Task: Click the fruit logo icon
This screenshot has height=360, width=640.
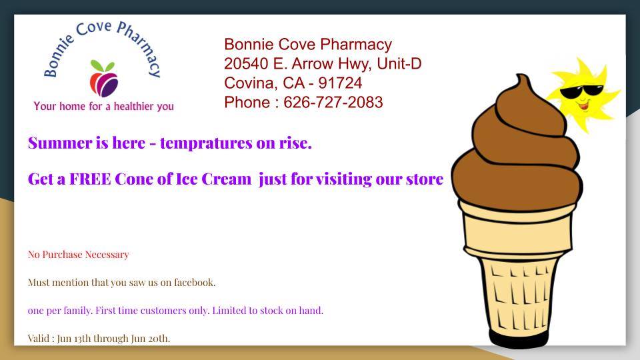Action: pos(104,79)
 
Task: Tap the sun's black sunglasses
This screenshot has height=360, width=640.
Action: pos(581,92)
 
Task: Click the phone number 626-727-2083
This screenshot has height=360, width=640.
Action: pos(333,102)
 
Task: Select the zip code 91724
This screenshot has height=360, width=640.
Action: pos(340,83)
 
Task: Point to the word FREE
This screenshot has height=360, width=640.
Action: pos(90,179)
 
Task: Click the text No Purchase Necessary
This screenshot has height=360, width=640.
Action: pos(79,254)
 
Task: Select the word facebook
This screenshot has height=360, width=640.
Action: pos(194,282)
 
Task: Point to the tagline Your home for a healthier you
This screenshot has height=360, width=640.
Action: pos(104,106)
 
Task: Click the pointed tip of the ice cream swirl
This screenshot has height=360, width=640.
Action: pos(519,75)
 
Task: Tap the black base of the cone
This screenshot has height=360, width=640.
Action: pos(519,339)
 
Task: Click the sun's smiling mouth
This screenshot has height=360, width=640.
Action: pos(584,107)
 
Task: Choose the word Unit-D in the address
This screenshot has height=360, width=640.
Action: pos(399,64)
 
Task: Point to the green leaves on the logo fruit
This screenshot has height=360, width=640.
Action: pos(103,66)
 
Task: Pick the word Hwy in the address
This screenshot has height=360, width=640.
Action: pos(355,64)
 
